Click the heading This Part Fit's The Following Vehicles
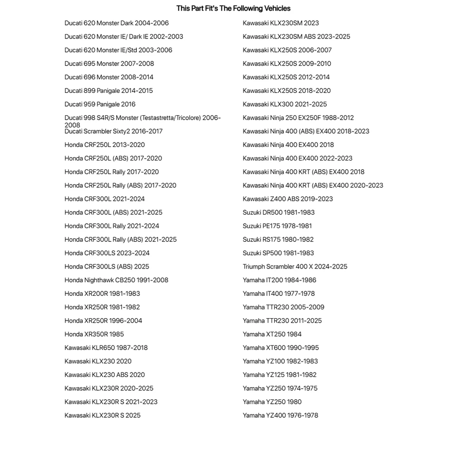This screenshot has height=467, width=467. pos(233,8)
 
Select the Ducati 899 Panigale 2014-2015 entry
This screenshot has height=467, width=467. pos(108,90)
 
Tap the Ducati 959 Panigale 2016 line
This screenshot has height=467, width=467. pos(100,104)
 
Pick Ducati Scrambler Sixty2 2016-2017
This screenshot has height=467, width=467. pos(113,131)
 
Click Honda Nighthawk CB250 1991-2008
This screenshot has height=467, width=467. pos(116,280)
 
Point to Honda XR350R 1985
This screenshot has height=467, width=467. pos(94,334)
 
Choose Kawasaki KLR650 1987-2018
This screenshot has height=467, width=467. pos(106,348)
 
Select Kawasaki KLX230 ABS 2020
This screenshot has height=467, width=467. pos(105,375)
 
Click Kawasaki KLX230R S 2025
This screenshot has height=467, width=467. pos(102,415)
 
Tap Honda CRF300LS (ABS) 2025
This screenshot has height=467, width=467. pos(107,267)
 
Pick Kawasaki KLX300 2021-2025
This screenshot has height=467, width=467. pos(285,104)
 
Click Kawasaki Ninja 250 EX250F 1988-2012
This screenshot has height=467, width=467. pos(298,118)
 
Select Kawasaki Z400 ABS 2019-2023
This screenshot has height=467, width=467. pos(287,199)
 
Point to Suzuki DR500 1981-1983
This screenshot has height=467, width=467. pos(278,213)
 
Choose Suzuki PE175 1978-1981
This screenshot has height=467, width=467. pos(277,226)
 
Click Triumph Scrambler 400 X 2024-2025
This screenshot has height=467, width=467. pos(295,267)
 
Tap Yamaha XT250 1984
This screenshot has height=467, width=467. pos(272,334)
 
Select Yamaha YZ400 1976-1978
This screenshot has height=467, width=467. pos(280,415)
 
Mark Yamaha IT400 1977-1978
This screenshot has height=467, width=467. pos(278,294)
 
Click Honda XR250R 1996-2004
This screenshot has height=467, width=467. pos(103,321)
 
